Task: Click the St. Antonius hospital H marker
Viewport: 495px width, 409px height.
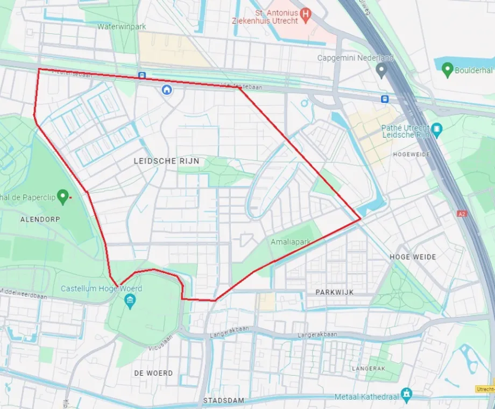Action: (x=306, y=15)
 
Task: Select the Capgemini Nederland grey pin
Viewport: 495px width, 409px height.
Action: (x=381, y=70)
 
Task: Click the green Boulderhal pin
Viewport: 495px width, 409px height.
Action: (x=447, y=70)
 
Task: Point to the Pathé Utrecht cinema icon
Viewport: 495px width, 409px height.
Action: (x=436, y=129)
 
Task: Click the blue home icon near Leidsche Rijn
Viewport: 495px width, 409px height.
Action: (x=167, y=89)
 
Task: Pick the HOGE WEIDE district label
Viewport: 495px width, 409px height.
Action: (x=413, y=257)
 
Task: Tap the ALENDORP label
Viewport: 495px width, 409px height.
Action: (x=40, y=220)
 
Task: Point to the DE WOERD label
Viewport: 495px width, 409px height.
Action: (x=153, y=372)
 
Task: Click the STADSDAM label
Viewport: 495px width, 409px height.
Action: (x=224, y=400)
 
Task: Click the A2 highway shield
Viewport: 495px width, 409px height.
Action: (x=461, y=214)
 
